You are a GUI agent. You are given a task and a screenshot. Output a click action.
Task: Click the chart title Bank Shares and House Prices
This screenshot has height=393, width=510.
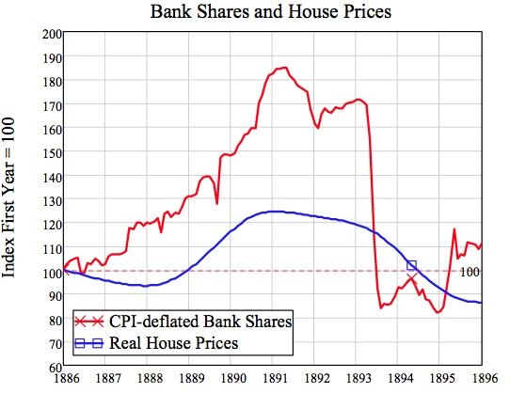[271, 12]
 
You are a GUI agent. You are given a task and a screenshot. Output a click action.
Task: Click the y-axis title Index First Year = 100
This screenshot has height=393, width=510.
[8, 197]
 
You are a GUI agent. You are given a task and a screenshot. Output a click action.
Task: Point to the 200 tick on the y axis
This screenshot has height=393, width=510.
[52, 34]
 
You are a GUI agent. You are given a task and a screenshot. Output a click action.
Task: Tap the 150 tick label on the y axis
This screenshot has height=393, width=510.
[52, 153]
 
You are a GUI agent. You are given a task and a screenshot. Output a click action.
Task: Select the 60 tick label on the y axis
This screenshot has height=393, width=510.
[55, 368]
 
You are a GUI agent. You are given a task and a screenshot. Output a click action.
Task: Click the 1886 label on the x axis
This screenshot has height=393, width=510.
[66, 378]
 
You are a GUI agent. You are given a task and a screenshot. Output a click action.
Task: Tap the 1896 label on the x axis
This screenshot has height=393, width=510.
[485, 378]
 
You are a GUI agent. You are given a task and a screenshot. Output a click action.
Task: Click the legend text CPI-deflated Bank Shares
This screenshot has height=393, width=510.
[200, 322]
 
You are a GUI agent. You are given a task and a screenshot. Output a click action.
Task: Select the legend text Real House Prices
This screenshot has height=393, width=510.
[174, 343]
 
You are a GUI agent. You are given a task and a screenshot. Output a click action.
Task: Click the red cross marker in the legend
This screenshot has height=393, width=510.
[88, 322]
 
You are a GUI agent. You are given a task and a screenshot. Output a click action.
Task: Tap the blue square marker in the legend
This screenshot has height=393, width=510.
[88, 343]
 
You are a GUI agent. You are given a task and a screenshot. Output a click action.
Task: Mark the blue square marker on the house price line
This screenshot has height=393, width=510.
[412, 265]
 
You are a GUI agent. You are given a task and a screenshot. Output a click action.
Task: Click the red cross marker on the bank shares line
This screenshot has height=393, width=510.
[411, 278]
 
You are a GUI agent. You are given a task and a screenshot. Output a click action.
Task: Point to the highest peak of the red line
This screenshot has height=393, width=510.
[285, 68]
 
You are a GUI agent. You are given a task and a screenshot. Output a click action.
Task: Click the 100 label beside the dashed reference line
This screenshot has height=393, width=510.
[470, 272]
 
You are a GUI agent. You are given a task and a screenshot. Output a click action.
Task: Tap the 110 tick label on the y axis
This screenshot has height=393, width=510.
[52, 248]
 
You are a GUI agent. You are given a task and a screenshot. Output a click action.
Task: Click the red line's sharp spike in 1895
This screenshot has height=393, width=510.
[454, 229]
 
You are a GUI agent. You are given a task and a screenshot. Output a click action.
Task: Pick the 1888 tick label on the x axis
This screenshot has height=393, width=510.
[150, 378]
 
